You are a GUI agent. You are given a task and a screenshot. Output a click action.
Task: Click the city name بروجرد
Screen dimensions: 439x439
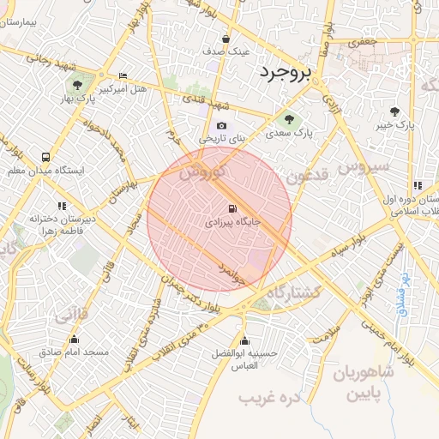tap(287, 71)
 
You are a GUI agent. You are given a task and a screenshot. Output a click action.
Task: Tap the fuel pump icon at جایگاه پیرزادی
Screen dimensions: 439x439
tap(232, 208)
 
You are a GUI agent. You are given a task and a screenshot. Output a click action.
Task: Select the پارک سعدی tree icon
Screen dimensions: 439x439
tap(288, 118)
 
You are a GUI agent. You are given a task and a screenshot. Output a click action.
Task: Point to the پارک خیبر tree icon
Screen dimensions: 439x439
tap(394, 111)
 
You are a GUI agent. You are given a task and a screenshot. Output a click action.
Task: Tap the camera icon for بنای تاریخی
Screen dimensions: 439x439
tap(222, 126)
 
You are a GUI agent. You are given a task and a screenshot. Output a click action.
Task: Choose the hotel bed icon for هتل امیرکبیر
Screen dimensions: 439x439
tap(123, 75)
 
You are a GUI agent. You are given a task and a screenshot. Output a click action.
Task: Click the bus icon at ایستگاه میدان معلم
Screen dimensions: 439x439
tap(45, 158)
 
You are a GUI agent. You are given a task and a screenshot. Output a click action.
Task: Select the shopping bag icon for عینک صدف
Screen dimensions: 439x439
tap(226, 39)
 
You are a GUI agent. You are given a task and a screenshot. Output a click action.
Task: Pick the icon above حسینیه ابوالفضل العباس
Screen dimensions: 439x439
tap(245, 340)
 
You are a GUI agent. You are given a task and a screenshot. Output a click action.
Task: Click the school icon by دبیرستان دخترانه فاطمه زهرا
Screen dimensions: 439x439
tap(62, 206)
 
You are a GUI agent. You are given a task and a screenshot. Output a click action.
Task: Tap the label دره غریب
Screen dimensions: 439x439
tap(261, 399)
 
